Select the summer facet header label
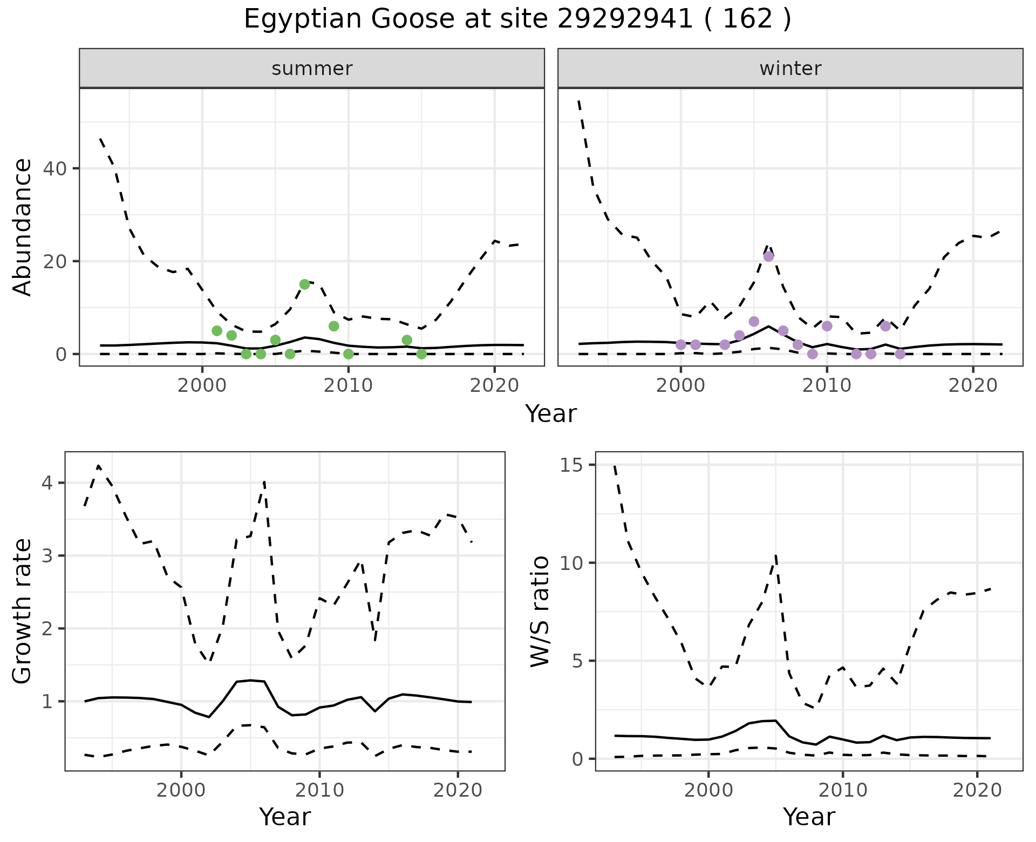pos(312,69)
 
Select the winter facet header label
pos(790,69)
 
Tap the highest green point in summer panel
pos(304,284)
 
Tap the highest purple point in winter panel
pos(768,256)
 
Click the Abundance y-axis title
pos(23,227)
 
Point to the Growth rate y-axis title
pos(23,611)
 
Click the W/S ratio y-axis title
pos(540,611)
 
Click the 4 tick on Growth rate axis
pos(47,483)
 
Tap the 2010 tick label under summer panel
pos(348,386)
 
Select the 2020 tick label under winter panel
pos(972,386)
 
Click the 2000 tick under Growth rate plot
pos(181,791)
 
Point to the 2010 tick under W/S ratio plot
pos(842,791)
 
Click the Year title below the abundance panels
pos(551,414)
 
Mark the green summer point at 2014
pos(407,340)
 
